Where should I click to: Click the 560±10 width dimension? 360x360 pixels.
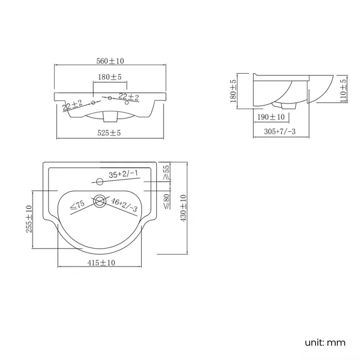pos(110,61)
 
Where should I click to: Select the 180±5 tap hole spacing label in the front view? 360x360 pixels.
pos(110,77)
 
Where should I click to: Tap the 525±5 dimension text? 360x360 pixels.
pos(109,133)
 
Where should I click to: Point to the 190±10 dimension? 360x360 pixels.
pos(271,117)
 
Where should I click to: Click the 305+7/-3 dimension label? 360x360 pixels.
pos(280,132)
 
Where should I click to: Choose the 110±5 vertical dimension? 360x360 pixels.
pos(343,91)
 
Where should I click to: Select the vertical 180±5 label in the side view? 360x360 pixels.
pos(233,91)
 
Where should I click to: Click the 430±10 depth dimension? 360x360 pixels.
pos(183,208)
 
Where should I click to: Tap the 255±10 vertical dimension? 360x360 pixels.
pos(29,219)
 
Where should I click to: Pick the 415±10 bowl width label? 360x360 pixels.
pos(101,263)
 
